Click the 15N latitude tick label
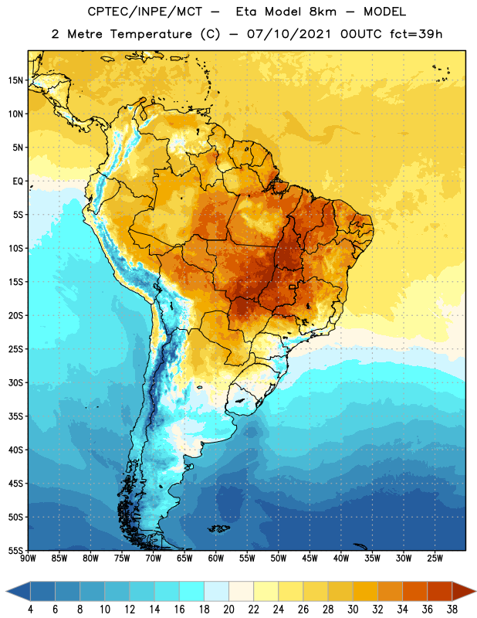(x=15, y=80)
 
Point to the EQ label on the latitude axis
(x=18, y=182)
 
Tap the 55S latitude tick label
(x=15, y=550)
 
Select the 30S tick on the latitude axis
(x=15, y=382)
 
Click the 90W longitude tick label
(x=28, y=559)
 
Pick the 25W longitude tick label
(x=435, y=559)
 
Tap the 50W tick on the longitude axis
(x=279, y=559)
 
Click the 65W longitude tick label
(x=184, y=559)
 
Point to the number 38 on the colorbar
(x=452, y=610)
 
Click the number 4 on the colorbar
(x=30, y=610)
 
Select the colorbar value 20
(x=228, y=610)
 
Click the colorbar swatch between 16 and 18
(x=192, y=591)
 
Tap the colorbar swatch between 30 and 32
(x=366, y=591)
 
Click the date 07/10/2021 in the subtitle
(x=289, y=34)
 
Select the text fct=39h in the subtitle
(x=416, y=34)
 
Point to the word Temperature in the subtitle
(x=151, y=34)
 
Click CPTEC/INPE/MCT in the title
(x=145, y=12)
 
